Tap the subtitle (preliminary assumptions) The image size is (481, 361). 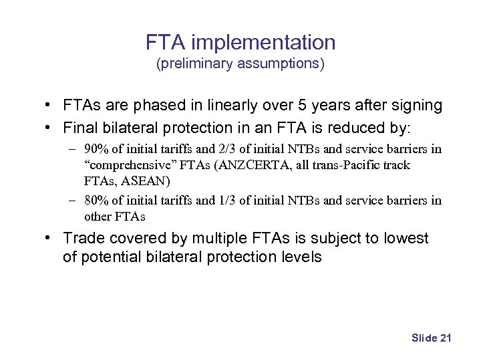click(240, 64)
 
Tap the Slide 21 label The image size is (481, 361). click(432, 338)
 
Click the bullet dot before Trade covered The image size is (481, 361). click(50, 239)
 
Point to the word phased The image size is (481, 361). click(151, 106)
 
